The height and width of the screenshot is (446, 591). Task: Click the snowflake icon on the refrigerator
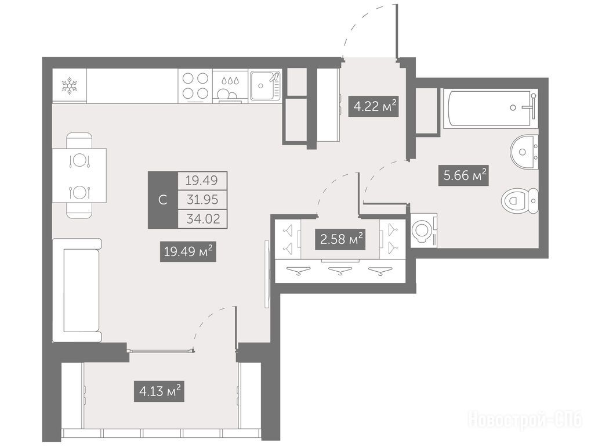(70, 85)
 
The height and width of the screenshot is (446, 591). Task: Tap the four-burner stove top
(195, 85)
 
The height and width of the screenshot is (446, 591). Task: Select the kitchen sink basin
(261, 86)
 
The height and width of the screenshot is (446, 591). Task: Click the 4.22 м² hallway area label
(373, 106)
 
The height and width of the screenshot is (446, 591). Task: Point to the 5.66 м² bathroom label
(463, 175)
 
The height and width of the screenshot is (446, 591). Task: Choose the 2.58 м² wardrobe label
(340, 239)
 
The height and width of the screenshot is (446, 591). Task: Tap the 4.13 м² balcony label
(159, 391)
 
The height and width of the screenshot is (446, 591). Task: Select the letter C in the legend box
(163, 200)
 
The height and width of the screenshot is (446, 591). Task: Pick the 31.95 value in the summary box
(202, 199)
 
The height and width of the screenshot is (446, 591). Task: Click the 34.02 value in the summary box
(203, 218)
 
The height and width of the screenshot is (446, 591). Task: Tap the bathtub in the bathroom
(490, 108)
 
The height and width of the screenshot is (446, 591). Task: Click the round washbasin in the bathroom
(524, 152)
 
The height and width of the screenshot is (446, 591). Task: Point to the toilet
(520, 201)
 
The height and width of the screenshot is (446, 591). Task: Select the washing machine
(423, 231)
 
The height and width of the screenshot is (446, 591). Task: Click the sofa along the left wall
(77, 290)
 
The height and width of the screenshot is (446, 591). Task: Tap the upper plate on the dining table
(79, 160)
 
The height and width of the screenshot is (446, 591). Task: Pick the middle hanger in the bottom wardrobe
(340, 271)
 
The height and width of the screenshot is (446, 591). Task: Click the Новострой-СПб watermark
(525, 420)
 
